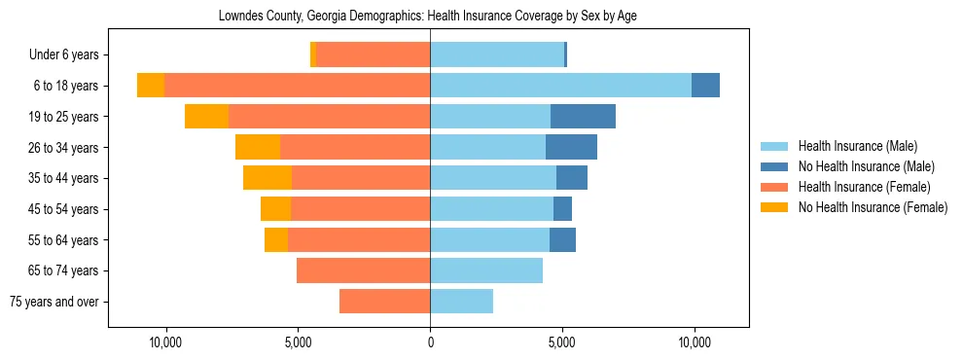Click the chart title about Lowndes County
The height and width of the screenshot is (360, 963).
pyautogui.click(x=428, y=17)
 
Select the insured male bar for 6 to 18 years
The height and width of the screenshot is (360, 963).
pyautogui.click(x=560, y=86)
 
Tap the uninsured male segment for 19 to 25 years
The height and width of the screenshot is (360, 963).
pyautogui.click(x=583, y=117)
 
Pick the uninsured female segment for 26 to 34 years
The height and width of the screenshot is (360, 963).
pyautogui.click(x=258, y=147)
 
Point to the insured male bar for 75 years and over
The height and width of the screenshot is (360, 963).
pyautogui.click(x=461, y=302)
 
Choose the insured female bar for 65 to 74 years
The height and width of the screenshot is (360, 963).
pyautogui.click(x=363, y=270)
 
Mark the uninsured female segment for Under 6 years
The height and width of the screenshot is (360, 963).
pyautogui.click(x=313, y=54)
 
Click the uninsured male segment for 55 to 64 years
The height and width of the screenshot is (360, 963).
pyautogui.click(x=562, y=239)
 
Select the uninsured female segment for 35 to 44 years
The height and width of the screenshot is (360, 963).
pyautogui.click(x=267, y=178)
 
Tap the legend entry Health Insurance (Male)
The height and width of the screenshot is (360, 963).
pyautogui.click(x=857, y=146)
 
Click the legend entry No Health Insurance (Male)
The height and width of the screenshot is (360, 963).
pyautogui.click(x=865, y=166)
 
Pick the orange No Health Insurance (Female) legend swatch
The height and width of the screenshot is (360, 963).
pyautogui.click(x=774, y=207)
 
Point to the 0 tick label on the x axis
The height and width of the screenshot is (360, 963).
pyautogui.click(x=430, y=343)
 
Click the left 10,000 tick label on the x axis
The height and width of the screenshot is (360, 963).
pyautogui.click(x=165, y=343)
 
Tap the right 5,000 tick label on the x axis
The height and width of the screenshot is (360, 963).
pyautogui.click(x=562, y=343)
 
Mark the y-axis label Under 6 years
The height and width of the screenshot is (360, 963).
pyautogui.click(x=64, y=55)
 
